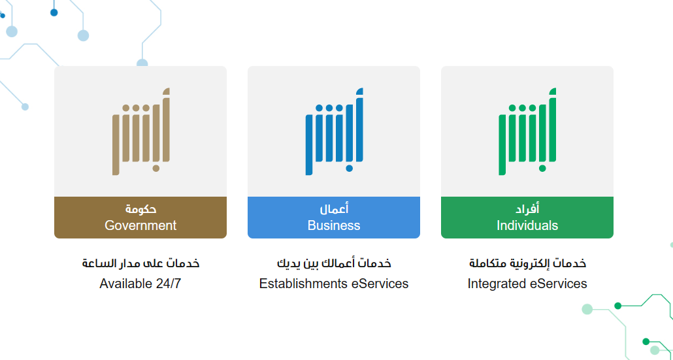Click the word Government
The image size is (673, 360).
140,225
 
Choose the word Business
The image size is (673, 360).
334,225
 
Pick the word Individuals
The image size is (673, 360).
527,225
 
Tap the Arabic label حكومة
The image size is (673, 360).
140,209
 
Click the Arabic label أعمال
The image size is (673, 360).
334,209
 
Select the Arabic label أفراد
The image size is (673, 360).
527,209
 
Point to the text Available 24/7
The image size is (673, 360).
140,284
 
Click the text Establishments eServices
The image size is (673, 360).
334,284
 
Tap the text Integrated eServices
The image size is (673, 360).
527,284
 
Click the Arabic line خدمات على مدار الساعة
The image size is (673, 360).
140,263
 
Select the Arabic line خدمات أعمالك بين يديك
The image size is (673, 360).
334,263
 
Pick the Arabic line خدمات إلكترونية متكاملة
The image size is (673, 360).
527,263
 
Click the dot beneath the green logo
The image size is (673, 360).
542,168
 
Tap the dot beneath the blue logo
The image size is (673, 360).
350,168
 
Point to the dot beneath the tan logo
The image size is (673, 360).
156,168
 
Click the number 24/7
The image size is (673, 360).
169,284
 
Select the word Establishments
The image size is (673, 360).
303,284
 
